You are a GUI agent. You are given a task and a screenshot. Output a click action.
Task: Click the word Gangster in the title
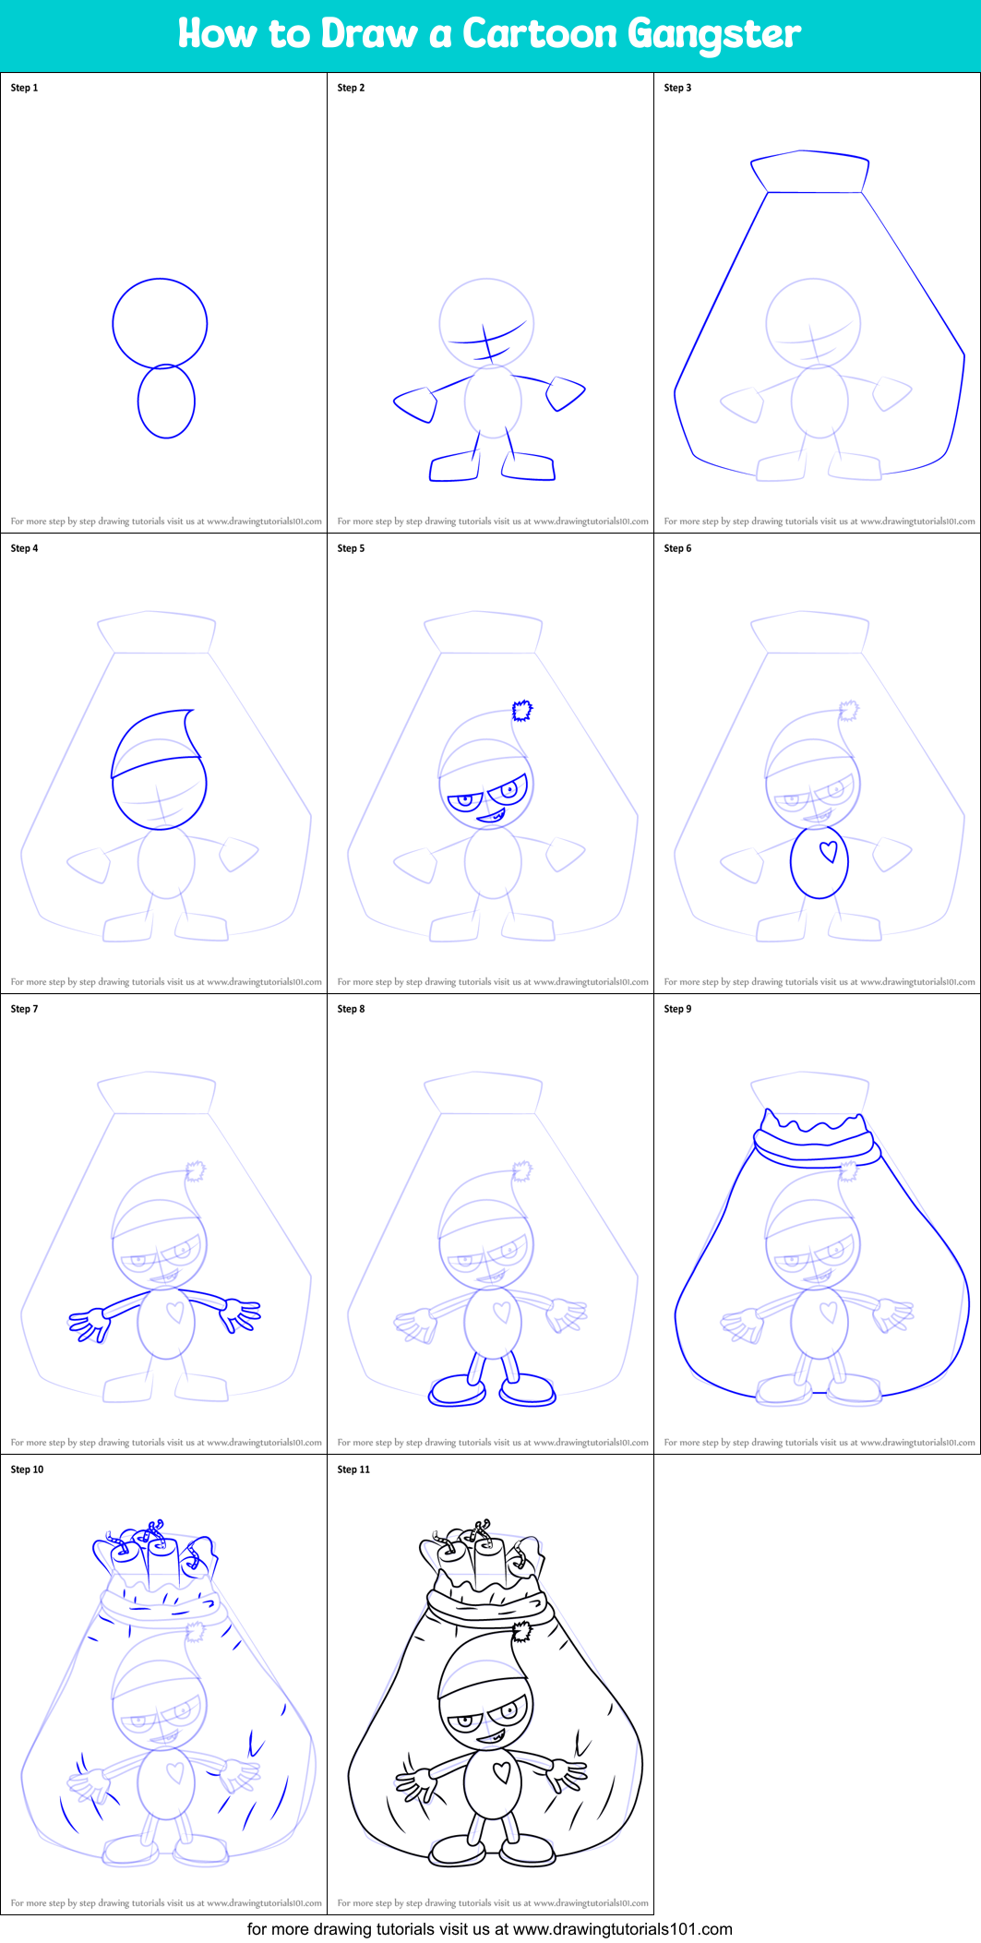[x=714, y=35]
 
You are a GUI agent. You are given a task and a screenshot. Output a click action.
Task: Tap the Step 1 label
[x=25, y=88]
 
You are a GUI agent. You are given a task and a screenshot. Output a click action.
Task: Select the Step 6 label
[x=677, y=548]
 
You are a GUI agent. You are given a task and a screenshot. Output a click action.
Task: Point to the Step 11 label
[x=353, y=1469]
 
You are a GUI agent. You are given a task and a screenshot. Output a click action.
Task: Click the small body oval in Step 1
[x=166, y=402]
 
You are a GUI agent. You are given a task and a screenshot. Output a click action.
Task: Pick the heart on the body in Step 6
[x=829, y=851]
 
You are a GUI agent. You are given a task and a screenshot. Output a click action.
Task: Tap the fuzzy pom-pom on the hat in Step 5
[x=523, y=711]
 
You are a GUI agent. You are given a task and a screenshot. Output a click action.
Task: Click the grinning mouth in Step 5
[x=490, y=816]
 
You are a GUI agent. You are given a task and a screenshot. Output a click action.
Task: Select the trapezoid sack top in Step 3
[x=809, y=173]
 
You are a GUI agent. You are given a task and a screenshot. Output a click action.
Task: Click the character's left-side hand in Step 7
[x=89, y=1323]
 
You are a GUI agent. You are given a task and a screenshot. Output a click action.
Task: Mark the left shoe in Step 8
[x=458, y=1390]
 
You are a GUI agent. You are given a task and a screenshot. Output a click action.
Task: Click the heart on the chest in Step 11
[x=501, y=1771]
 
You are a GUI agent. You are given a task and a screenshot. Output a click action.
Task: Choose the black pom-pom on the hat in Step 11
[x=522, y=1633]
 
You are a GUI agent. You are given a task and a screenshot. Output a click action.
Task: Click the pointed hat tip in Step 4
[x=190, y=714]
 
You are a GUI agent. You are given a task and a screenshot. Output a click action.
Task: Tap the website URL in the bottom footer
[x=622, y=1928]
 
